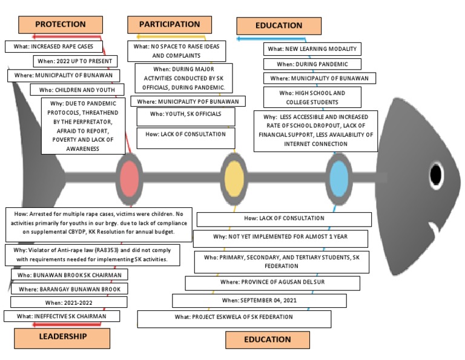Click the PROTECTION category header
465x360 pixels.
click(61, 24)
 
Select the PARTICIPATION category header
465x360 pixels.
click(170, 24)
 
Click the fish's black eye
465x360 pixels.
click(436, 174)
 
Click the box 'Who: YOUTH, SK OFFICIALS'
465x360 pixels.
click(186, 114)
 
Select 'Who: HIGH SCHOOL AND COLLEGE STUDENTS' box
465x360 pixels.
click(312, 98)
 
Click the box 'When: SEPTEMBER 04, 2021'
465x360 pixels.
click(259, 301)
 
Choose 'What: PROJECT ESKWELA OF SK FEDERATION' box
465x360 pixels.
click(234, 318)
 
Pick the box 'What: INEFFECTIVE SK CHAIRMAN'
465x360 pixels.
click(61, 316)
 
